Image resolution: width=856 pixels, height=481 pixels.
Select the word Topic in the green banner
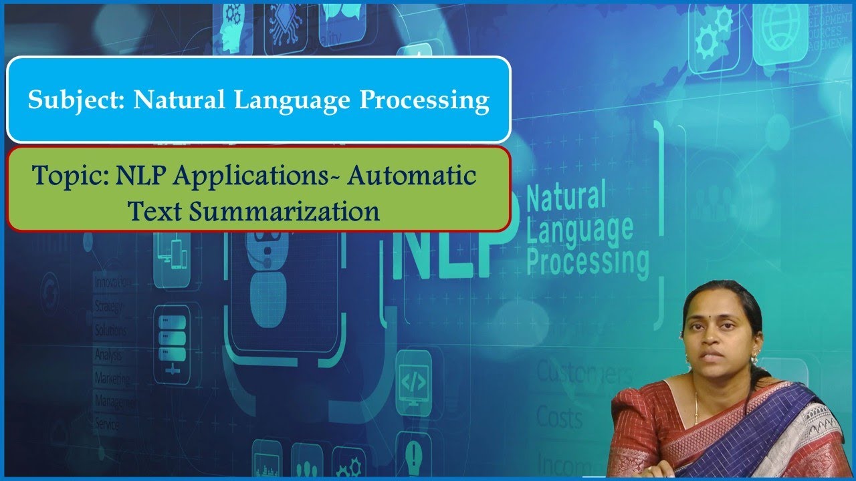coord(70,176)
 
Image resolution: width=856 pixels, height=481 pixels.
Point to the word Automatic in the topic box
coord(412,176)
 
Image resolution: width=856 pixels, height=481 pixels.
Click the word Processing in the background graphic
coord(587,261)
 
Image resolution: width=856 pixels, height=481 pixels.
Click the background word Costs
coord(559,418)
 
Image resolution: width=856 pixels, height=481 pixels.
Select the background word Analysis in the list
coord(109,353)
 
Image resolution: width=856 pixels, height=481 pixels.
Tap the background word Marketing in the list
coord(112,377)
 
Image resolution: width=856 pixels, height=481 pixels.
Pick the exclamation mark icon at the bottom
coord(413,449)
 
